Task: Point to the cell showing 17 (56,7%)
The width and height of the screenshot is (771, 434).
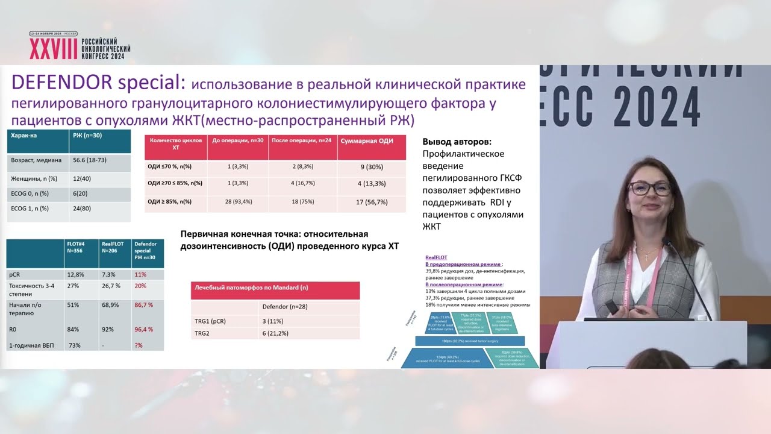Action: (x=372, y=202)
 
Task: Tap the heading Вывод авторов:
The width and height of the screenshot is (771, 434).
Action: (x=457, y=142)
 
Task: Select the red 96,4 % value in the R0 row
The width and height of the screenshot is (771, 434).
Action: (x=143, y=329)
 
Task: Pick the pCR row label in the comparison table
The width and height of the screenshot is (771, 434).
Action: (x=14, y=274)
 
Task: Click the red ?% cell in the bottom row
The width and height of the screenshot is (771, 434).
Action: (x=139, y=345)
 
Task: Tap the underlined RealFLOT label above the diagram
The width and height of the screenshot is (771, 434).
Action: (x=436, y=257)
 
